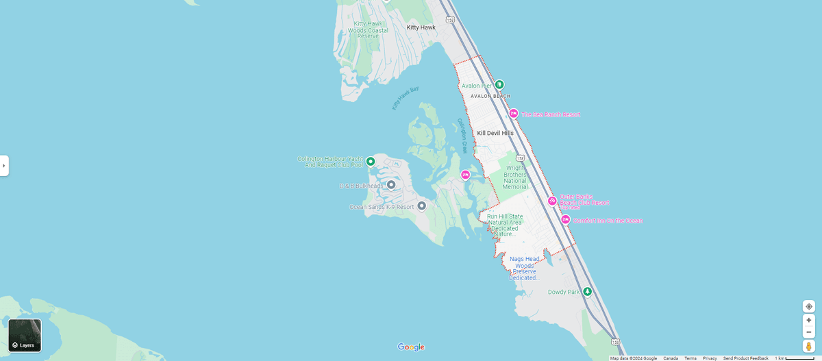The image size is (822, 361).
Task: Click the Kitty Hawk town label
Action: tap(421, 27)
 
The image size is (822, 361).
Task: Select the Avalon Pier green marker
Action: tap(499, 85)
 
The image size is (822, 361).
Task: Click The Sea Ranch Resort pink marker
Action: tap(513, 114)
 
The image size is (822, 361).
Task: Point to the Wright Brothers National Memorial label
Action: tap(515, 177)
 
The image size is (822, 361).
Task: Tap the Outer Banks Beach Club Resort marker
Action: tap(552, 201)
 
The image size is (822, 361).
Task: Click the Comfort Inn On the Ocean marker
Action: tap(565, 220)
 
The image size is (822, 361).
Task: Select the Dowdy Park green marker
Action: tap(586, 292)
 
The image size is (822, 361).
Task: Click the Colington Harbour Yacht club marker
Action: tap(371, 162)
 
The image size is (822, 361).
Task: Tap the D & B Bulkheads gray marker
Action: tap(391, 185)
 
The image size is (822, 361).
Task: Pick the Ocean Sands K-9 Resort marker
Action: tap(421, 206)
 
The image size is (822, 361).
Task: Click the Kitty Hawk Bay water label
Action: tap(405, 98)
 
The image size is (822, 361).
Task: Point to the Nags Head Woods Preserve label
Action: tap(524, 268)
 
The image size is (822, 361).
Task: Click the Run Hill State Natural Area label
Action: tap(505, 225)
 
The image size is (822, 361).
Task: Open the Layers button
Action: tap(25, 335)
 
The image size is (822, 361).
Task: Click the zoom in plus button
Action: tap(809, 320)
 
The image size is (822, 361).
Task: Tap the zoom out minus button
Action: tap(809, 332)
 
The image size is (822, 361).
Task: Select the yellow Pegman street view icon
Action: tap(809, 347)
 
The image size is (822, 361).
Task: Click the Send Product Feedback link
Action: tap(745, 358)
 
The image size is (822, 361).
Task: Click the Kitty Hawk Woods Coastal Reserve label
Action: tap(368, 29)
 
